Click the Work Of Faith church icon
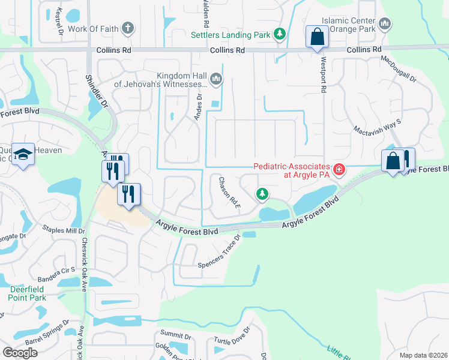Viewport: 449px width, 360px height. click(x=127, y=28)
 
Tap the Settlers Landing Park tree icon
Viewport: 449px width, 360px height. click(x=279, y=34)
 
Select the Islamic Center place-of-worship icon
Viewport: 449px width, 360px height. click(x=385, y=24)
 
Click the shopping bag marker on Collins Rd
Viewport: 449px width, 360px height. click(x=316, y=37)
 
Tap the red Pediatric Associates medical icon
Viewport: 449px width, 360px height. click(x=339, y=170)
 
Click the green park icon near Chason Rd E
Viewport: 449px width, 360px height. click(x=262, y=194)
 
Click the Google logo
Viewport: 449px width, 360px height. click(x=20, y=352)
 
